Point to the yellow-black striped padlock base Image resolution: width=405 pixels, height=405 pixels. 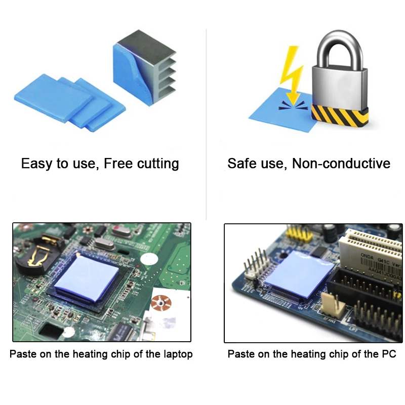click(339, 115)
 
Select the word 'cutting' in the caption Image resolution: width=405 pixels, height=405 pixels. click(158, 164)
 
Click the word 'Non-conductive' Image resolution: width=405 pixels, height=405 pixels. click(341, 163)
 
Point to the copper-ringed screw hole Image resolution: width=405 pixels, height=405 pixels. click(161, 303)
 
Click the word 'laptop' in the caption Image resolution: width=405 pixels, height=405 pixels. click(178, 354)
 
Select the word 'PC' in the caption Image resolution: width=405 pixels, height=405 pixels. click(389, 354)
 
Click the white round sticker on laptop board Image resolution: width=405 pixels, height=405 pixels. click(149, 259)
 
